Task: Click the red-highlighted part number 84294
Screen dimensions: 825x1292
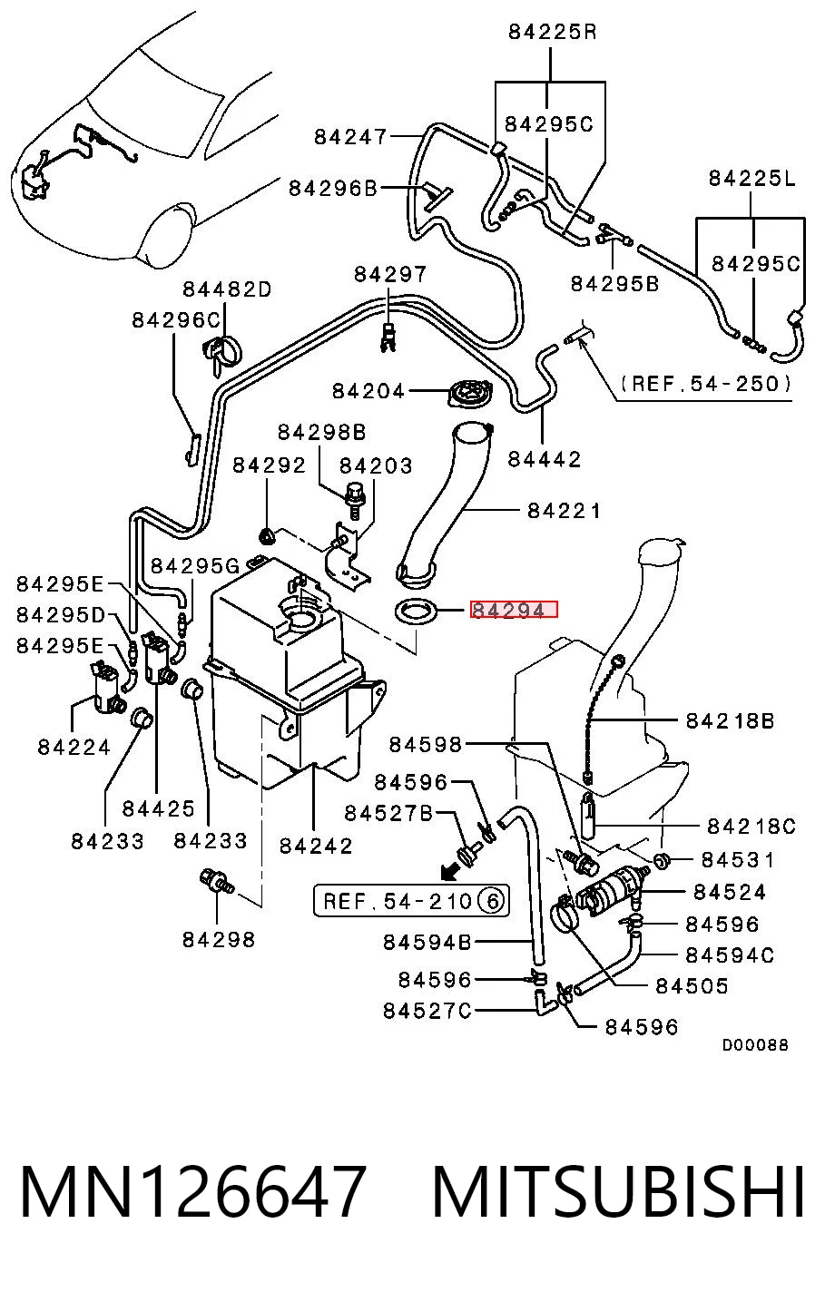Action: click(x=507, y=610)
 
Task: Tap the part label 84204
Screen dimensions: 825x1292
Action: click(x=368, y=391)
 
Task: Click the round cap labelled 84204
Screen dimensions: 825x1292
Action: click(x=473, y=396)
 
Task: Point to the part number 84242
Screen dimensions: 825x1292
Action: click(x=316, y=846)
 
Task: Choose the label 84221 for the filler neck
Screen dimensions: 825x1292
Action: click(x=565, y=511)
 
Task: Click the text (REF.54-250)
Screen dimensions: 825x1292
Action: click(x=705, y=383)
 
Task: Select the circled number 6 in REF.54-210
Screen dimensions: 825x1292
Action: click(x=492, y=900)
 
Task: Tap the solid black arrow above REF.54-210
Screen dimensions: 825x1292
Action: click(x=453, y=871)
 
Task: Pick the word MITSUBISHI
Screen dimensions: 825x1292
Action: click(x=618, y=1191)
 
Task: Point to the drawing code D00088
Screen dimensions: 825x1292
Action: click(x=755, y=1044)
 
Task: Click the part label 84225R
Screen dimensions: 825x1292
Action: click(x=552, y=32)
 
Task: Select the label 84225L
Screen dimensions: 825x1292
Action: click(x=751, y=178)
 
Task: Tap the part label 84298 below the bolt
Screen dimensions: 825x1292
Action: click(x=219, y=940)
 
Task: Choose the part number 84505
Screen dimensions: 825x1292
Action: click(x=692, y=985)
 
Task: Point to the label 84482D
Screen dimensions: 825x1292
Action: click(x=227, y=289)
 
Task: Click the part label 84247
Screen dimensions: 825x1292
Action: click(x=350, y=137)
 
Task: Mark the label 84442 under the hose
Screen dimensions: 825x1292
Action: click(x=544, y=459)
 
